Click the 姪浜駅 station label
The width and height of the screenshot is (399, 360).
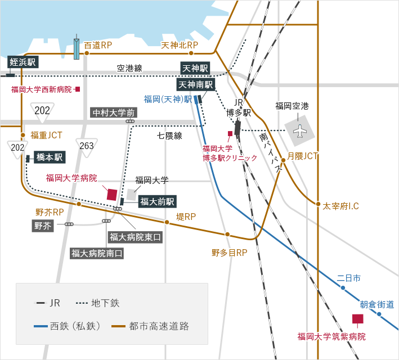23,62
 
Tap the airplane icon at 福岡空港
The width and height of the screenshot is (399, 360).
300,130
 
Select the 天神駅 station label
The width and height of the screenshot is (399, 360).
195,68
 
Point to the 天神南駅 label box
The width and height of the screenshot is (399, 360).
196,84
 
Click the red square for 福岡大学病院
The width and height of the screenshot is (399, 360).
112,195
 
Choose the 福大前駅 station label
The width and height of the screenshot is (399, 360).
157,201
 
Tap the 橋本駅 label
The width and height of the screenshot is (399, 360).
50,157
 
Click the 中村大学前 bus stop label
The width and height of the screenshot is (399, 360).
114,112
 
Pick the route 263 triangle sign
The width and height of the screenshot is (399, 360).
87,147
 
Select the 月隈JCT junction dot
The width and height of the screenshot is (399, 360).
283,160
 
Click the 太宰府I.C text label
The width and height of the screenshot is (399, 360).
340,206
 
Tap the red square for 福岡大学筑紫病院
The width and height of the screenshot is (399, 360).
357,318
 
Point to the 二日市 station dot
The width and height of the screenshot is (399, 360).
343,288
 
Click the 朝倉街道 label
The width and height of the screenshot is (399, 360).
377,304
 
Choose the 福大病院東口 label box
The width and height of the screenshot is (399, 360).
135,237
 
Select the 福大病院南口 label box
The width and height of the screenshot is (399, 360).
97,253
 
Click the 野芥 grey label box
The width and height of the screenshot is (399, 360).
43,226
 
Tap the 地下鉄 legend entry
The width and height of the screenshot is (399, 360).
98,303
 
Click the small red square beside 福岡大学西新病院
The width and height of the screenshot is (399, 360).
78,89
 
